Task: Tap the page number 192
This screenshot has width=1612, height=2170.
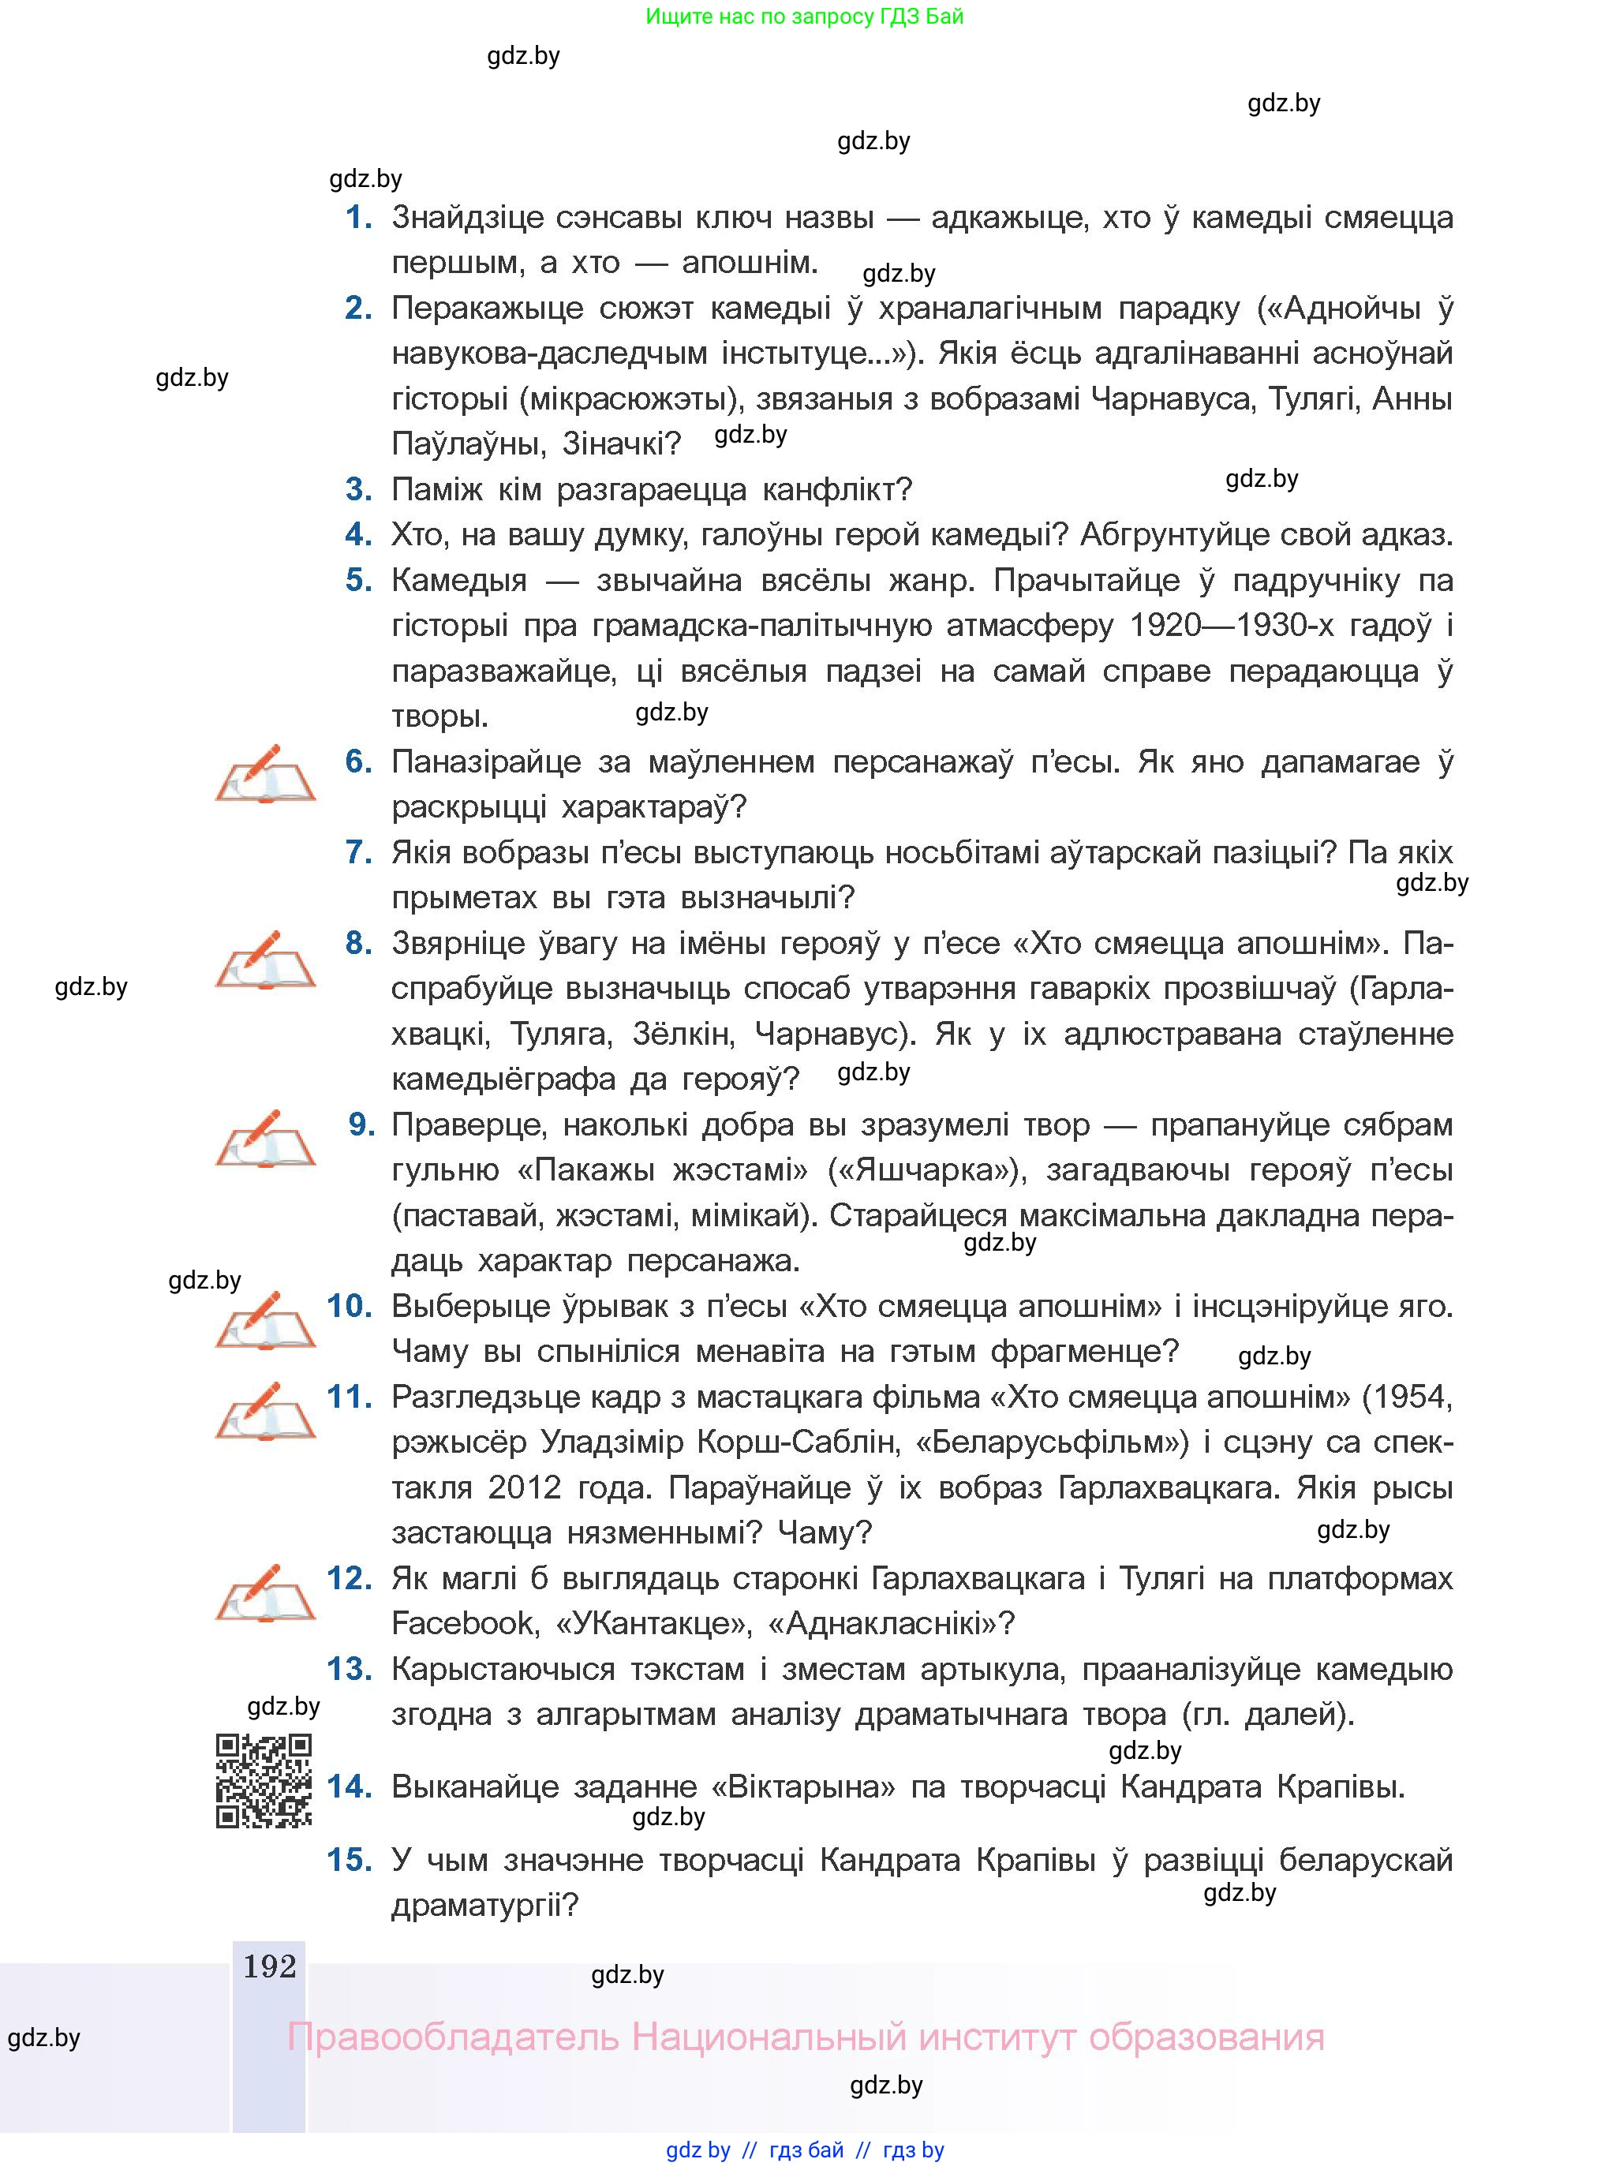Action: [269, 1966]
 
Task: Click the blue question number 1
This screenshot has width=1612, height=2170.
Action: [359, 218]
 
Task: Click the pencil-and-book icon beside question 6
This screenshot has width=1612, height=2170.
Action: [264, 774]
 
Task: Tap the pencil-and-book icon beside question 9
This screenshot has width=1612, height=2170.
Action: [264, 1139]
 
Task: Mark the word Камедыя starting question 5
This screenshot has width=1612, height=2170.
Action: [458, 581]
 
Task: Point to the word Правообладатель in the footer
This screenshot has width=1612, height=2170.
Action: [453, 2038]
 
